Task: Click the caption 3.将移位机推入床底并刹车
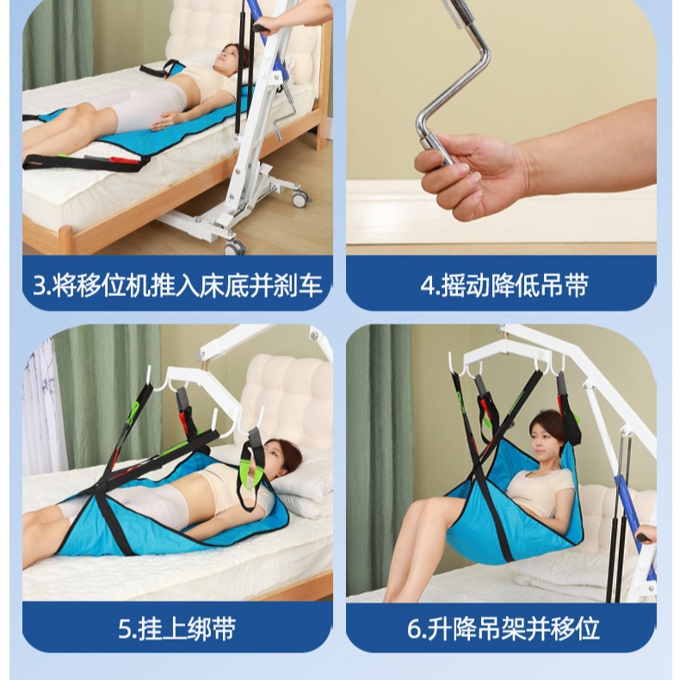177,284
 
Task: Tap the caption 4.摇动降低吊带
504,284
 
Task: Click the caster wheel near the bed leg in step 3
300,199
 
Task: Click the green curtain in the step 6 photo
379,448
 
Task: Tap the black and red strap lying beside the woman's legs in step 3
86,161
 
